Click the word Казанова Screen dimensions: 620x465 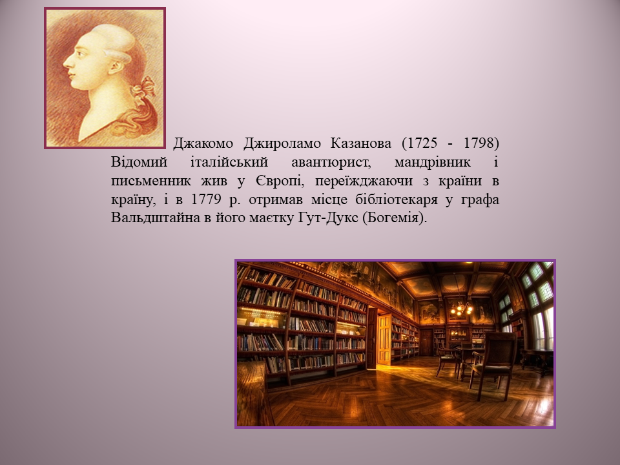(360, 143)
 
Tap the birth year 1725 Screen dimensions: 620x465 (422, 143)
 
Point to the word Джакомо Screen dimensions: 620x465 (203, 143)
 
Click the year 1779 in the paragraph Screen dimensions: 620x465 (205, 200)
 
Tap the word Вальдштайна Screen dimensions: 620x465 (156, 218)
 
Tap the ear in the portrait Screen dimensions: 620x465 (116, 67)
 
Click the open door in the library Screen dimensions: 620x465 (384, 339)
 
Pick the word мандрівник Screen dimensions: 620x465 (433, 161)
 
